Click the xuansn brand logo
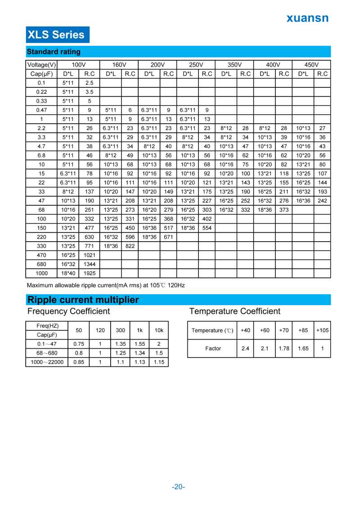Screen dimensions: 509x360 308,18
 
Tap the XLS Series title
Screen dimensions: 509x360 56,35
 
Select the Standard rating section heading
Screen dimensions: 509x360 54,52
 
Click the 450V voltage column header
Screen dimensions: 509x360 311,65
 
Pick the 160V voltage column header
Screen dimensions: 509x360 119,65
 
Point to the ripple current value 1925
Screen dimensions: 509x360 90,273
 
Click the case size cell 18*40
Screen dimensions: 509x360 68,273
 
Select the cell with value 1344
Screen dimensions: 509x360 90,264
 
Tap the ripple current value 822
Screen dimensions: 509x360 130,246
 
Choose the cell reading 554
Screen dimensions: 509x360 207,228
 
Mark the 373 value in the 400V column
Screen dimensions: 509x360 284,210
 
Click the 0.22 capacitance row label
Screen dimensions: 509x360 41,92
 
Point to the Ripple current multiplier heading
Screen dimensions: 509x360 83,300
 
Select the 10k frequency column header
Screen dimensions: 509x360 159,330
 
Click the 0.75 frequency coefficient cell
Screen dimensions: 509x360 79,344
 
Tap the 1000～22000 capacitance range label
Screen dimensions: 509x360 47,362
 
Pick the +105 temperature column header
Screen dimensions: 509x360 322,330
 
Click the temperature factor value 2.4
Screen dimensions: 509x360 245,348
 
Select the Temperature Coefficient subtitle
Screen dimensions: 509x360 234,311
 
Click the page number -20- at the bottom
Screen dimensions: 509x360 179,486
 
